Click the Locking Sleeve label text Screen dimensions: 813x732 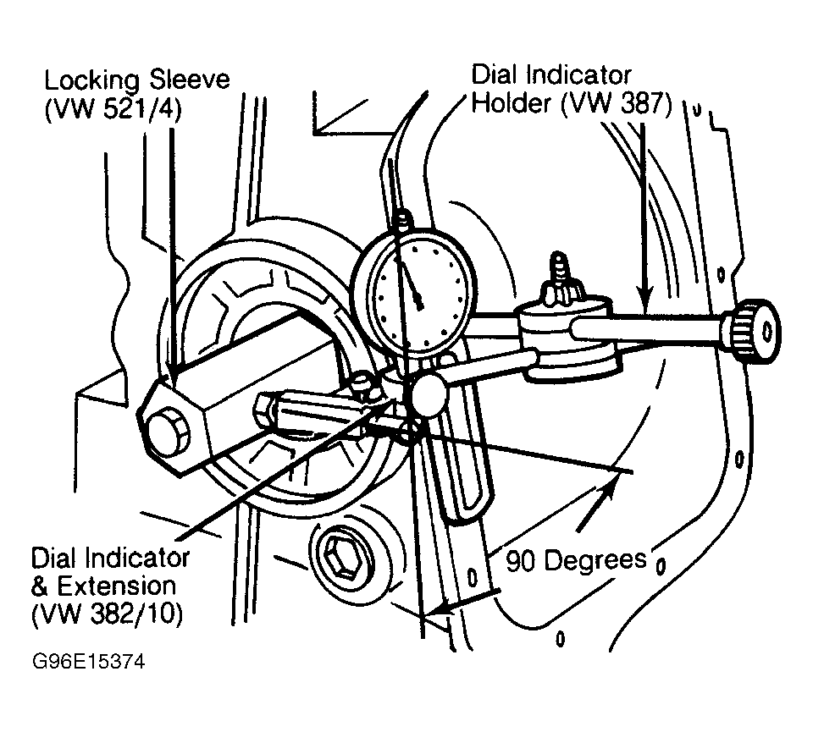pos(137,80)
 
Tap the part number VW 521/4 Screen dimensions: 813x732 pos(113,110)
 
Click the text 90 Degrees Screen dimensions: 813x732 pos(576,560)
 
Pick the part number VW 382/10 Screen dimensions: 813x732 pos(108,614)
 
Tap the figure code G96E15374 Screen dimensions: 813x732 pos(89,662)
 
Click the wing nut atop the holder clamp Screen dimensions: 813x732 pos(561,283)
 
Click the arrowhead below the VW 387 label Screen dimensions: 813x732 pos(644,300)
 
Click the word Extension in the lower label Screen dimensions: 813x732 pos(116,586)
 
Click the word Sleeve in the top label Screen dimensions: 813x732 pos(189,80)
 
